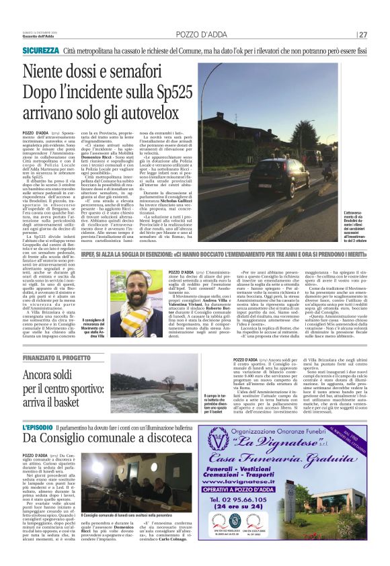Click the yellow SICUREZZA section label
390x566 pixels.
pos(42,50)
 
